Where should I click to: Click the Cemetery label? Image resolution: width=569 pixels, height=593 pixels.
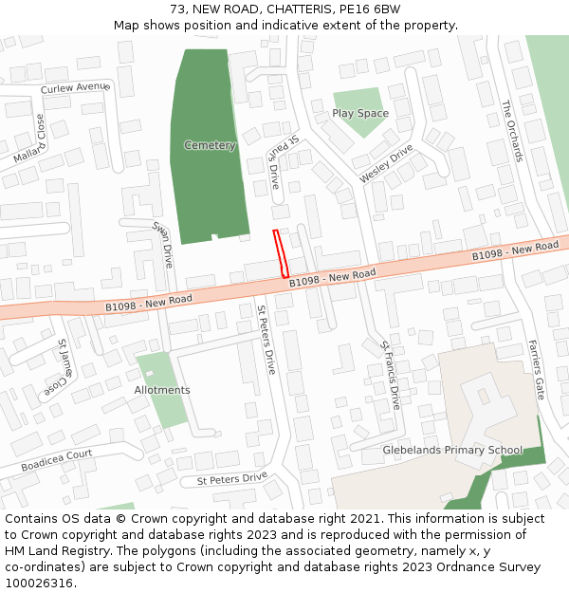coord(210,145)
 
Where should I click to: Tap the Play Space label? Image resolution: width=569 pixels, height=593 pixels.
coord(360,113)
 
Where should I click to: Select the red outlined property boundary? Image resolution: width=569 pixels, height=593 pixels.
coord(281,253)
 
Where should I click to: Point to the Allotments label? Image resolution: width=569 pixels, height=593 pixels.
coord(162,390)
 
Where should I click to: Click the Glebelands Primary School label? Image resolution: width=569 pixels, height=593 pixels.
coord(452,450)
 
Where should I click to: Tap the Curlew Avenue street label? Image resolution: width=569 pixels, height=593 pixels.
coord(75,88)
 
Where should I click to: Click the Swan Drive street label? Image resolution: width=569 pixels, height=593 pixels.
coord(163,244)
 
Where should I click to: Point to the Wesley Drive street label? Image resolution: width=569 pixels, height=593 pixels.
coord(386,164)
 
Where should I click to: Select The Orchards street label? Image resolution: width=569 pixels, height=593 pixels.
coord(512,131)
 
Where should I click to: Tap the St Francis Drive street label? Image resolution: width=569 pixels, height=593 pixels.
coord(389,375)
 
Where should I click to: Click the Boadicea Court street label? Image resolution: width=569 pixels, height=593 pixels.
coord(57,461)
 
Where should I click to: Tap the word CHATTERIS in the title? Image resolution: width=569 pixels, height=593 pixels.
coord(294,9)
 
